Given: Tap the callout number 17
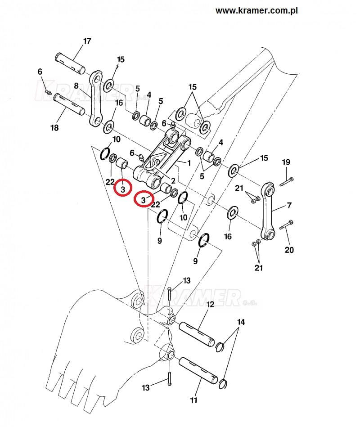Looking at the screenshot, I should click(87, 41).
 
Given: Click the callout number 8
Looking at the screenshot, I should click(76, 86).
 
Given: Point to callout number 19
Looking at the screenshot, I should click(287, 162).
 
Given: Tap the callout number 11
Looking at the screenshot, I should click(194, 400).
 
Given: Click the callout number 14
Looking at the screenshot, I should click(241, 322).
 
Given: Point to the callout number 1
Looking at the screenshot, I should click(189, 162).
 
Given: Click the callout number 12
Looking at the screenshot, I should click(210, 305).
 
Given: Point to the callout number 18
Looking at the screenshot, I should click(54, 128).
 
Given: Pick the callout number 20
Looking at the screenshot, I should click(289, 250).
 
